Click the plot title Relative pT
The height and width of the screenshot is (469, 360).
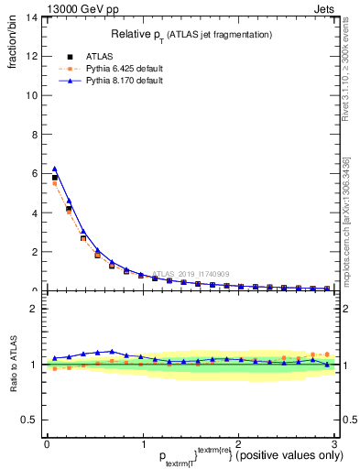(x=190, y=34)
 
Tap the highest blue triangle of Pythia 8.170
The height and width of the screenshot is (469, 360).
(x=55, y=169)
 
